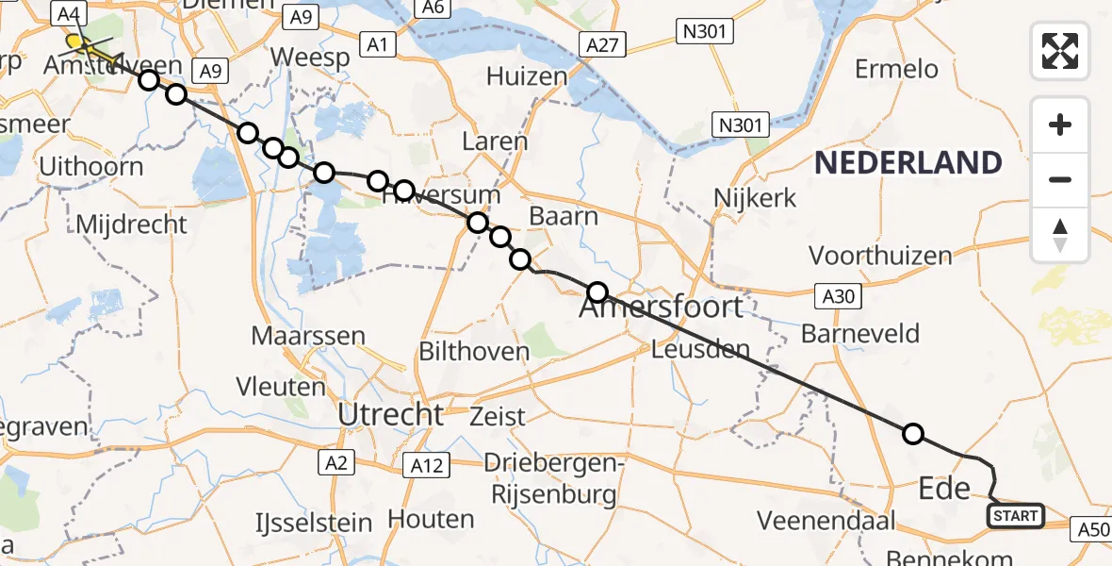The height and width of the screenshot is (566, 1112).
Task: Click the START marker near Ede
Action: (1016, 515)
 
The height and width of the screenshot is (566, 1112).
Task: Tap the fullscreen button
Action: (1060, 50)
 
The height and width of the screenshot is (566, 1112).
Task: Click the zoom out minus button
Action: (1060, 179)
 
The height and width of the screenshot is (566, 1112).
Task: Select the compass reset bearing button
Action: (1060, 235)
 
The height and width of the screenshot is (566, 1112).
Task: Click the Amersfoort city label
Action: (663, 308)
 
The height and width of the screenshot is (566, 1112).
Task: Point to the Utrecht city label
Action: (391, 413)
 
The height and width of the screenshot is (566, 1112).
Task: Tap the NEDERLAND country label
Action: (908, 163)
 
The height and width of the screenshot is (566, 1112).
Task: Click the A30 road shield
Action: (836, 296)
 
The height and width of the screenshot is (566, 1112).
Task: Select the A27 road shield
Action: (601, 45)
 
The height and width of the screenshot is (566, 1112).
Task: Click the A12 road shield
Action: (428, 463)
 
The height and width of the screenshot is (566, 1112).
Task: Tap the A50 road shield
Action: (1091, 530)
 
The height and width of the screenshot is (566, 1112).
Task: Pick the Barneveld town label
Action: (859, 333)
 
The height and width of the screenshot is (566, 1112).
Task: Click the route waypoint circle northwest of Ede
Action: (912, 434)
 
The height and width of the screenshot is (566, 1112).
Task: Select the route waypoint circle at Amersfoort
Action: (597, 291)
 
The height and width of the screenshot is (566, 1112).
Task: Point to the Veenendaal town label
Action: (818, 520)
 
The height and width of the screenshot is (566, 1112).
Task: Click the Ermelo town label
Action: (896, 68)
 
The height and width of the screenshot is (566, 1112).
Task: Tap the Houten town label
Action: (431, 518)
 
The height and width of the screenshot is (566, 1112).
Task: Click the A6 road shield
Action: (433, 8)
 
